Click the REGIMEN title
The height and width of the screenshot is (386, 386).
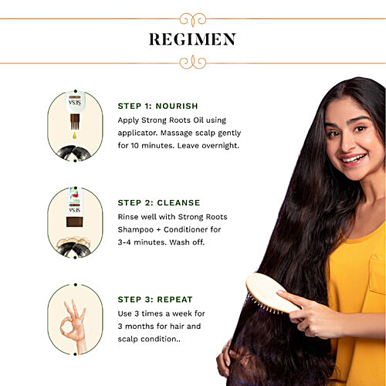(192, 39)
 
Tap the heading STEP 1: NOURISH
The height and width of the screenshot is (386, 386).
(157, 106)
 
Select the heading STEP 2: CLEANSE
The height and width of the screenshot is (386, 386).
(159, 203)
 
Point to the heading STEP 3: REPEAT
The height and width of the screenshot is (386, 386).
(155, 300)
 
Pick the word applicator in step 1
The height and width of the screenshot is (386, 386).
(137, 134)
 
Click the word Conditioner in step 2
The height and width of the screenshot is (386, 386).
(185, 229)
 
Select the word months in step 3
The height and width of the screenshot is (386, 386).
(139, 327)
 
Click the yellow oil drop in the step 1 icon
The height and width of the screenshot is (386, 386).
(75, 135)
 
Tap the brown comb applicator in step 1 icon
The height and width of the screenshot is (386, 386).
(75, 122)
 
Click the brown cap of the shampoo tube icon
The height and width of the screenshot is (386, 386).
(75, 222)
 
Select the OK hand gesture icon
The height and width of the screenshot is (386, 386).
(73, 327)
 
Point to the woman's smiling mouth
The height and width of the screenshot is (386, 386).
(353, 159)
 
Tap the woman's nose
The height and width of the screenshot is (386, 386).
(347, 144)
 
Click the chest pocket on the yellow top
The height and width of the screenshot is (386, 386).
(378, 274)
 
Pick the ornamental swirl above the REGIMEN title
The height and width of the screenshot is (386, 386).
(193, 19)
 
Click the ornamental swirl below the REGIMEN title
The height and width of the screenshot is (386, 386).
(193, 63)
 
